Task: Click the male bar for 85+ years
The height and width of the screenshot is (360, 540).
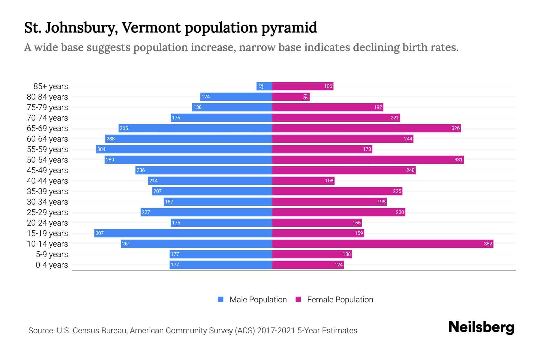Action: (264, 86)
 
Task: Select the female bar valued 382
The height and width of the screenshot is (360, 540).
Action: (382, 244)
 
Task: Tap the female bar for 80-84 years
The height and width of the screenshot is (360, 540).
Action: (290, 97)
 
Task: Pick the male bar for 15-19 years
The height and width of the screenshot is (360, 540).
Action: (183, 233)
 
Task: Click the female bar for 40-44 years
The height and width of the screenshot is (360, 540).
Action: (303, 181)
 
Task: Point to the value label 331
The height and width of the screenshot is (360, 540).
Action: (458, 160)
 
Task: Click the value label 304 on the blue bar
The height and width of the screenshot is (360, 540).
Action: (101, 149)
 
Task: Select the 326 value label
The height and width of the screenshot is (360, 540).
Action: (455, 128)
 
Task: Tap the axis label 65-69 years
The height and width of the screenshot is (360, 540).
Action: (47, 128)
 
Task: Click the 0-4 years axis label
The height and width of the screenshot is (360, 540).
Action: (52, 265)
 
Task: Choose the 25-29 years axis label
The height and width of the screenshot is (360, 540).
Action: (47, 212)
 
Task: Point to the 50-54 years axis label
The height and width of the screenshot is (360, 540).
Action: (47, 160)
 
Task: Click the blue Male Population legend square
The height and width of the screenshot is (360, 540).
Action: (221, 299)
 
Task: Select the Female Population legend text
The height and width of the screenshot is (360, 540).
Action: (340, 300)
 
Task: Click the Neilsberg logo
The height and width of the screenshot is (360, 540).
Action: (481, 327)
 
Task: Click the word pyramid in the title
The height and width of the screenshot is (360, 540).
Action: (289, 28)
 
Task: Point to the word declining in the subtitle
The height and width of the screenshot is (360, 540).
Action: (376, 47)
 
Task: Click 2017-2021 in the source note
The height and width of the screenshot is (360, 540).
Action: (276, 331)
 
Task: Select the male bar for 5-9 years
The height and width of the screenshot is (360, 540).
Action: (220, 254)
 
